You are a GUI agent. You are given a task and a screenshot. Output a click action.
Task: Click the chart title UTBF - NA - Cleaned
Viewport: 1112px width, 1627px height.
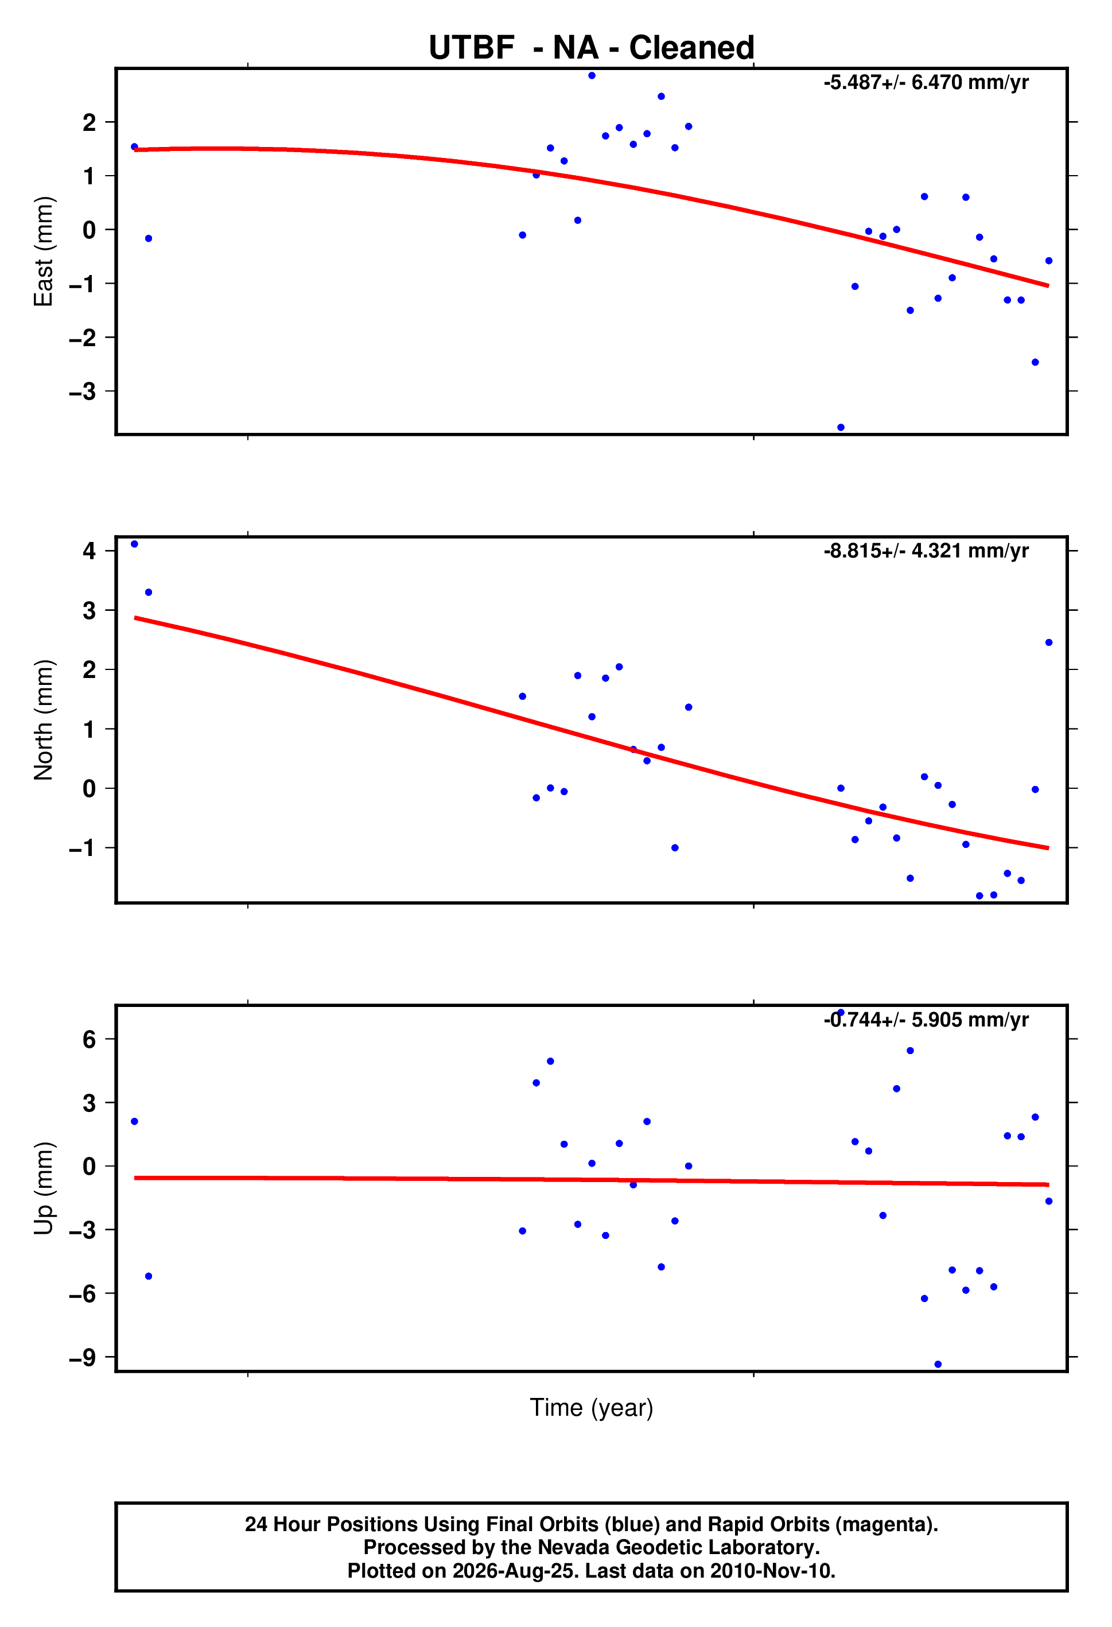[592, 48]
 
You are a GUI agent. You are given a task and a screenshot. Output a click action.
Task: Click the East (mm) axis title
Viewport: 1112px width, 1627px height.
[44, 251]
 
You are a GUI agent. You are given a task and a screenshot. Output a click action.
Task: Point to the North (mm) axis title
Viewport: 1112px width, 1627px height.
[44, 720]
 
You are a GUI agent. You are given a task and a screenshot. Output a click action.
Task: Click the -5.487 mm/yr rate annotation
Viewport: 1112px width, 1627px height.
[926, 83]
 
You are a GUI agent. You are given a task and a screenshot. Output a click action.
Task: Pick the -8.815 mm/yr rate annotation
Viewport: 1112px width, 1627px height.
[926, 551]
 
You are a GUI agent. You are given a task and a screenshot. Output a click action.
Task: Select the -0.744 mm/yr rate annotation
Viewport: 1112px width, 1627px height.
[926, 1020]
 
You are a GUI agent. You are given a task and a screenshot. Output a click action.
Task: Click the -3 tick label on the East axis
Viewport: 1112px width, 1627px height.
[83, 392]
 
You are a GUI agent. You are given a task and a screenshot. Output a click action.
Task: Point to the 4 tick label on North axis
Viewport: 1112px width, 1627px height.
[89, 551]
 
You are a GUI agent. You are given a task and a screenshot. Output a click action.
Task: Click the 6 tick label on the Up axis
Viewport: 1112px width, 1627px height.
[89, 1039]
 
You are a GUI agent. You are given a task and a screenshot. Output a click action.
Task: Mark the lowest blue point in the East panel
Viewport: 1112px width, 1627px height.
[841, 427]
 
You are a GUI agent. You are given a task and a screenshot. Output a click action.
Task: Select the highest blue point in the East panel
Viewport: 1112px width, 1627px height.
[592, 76]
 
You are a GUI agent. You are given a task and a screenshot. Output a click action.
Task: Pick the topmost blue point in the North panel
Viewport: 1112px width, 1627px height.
[134, 544]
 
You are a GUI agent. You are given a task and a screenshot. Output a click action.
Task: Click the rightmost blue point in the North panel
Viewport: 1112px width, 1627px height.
[1048, 642]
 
